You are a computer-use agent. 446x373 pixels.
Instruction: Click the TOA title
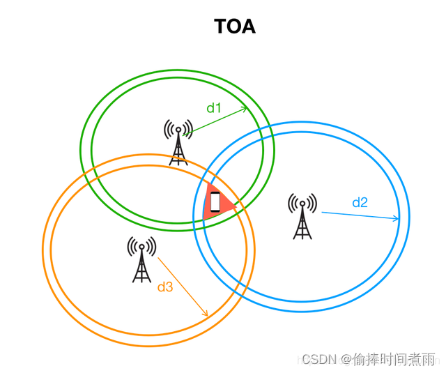pyautogui.click(x=235, y=26)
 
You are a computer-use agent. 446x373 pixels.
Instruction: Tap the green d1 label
pyautogui.click(x=214, y=108)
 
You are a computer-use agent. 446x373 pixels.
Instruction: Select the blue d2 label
pyautogui.click(x=360, y=203)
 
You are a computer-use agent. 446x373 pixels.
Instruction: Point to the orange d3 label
pyautogui.click(x=165, y=287)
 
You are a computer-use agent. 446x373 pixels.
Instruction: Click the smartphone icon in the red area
pyautogui.click(x=215, y=202)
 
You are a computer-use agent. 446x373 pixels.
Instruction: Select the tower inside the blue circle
pyautogui.click(x=302, y=216)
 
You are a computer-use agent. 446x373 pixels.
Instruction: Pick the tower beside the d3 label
pyautogui.click(x=141, y=259)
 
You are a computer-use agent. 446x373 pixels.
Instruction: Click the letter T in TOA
pyautogui.click(x=220, y=26)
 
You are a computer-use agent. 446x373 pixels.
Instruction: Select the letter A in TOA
pyautogui.click(x=249, y=26)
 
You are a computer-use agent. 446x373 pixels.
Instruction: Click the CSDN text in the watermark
pyautogui.click(x=319, y=359)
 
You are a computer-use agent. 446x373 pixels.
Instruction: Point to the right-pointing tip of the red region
pyautogui.click(x=237, y=208)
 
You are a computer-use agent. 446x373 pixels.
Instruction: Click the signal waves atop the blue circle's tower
pyautogui.click(x=302, y=203)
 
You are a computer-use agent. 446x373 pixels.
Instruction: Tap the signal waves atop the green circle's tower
pyautogui.click(x=178, y=129)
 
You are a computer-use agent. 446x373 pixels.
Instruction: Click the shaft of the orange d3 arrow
pyautogui.click(x=183, y=287)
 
